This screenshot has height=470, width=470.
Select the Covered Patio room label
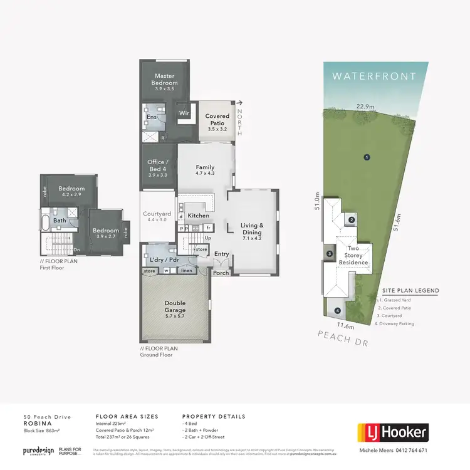tap(217, 120)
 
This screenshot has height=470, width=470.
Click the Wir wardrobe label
tap(184, 113)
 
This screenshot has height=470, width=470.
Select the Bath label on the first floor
tap(60, 221)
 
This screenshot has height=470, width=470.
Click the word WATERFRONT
tap(375, 76)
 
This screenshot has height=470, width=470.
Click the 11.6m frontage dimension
tap(346, 326)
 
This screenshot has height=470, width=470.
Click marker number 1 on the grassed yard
tap(366, 157)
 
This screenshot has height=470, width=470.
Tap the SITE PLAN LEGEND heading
tap(410, 291)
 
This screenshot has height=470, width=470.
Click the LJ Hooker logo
tap(393, 432)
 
